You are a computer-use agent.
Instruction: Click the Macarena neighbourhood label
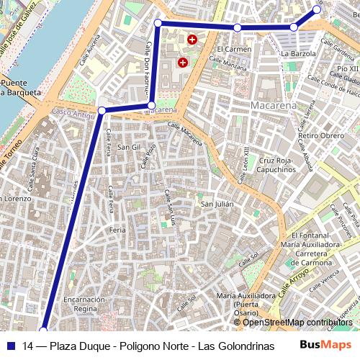274,106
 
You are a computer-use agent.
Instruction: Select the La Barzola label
298,53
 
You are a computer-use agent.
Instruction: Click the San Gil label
129,147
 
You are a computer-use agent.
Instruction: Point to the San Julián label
217,204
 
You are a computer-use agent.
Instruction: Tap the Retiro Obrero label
321,135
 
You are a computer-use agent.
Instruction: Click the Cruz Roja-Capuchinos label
277,165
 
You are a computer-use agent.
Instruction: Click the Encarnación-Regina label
85,304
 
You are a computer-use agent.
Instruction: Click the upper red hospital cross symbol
192,40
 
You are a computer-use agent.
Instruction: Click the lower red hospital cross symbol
183,63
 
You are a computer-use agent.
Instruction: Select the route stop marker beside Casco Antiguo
102,110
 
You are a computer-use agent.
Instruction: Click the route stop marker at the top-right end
317,9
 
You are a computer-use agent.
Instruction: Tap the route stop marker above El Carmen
237,27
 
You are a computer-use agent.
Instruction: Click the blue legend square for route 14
12,345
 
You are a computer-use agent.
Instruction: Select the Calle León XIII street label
246,160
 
